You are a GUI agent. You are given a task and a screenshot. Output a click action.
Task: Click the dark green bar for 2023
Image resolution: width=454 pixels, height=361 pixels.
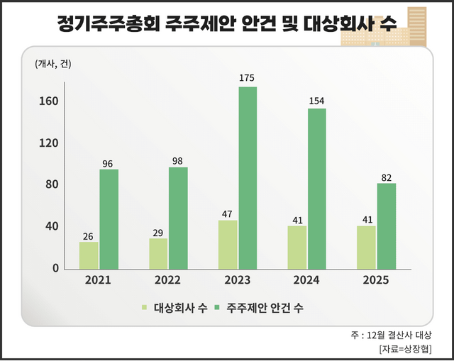point(248,178)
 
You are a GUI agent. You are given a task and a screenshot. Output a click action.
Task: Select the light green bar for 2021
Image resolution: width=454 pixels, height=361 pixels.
point(89,255)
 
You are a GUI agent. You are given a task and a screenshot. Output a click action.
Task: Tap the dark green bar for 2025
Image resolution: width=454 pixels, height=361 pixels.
point(387,226)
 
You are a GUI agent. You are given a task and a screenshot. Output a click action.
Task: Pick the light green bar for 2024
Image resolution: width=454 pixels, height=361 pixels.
point(297,248)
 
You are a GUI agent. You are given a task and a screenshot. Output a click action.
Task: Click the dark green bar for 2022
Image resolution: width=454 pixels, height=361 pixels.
point(178,218)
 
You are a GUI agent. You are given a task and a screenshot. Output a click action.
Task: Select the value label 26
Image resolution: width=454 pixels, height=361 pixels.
point(89,235)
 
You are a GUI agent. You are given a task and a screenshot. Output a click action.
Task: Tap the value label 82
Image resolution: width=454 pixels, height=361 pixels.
point(387,177)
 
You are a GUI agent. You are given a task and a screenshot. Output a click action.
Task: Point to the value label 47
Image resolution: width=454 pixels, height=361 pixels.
point(228,213)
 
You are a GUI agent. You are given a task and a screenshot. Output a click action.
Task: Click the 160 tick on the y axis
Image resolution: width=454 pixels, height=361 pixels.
point(48,101)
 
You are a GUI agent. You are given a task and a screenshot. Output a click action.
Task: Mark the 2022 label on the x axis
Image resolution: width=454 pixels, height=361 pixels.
point(167,280)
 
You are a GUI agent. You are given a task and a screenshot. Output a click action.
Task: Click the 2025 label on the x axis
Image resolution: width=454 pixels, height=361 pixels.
point(375,280)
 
